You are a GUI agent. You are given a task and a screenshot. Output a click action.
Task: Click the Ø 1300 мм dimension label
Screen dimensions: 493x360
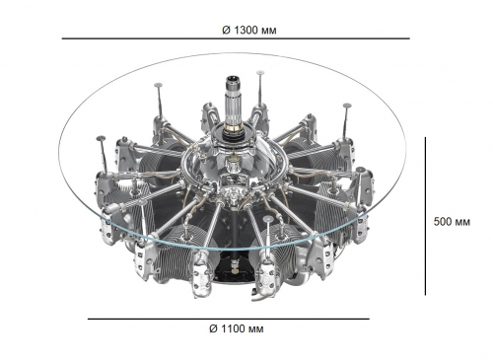coord(249,31)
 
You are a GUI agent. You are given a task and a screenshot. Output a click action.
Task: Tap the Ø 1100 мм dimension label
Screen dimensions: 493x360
coord(237,328)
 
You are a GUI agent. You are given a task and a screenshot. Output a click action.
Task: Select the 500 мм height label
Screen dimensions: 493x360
coord(452,222)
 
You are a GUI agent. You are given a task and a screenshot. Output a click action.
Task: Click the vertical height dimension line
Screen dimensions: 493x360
coord(425,216)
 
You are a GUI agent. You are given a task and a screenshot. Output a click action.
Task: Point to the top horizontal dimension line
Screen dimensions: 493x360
coord(236,38)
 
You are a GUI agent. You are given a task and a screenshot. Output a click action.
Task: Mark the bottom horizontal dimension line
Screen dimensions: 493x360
coord(229,319)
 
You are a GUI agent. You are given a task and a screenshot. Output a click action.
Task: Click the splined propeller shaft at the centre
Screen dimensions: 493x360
coord(234,102)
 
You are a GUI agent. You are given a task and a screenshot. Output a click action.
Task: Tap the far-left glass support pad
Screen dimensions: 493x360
coord(101,139)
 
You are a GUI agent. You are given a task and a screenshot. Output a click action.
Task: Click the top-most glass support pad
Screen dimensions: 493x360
coord(260,72)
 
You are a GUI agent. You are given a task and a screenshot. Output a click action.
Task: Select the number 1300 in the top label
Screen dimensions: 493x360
coord(246,31)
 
